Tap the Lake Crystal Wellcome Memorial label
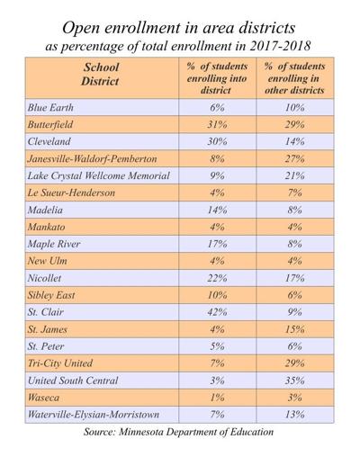click(x=102, y=175)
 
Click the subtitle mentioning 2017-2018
click(x=180, y=42)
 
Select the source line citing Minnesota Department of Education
click(x=179, y=433)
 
